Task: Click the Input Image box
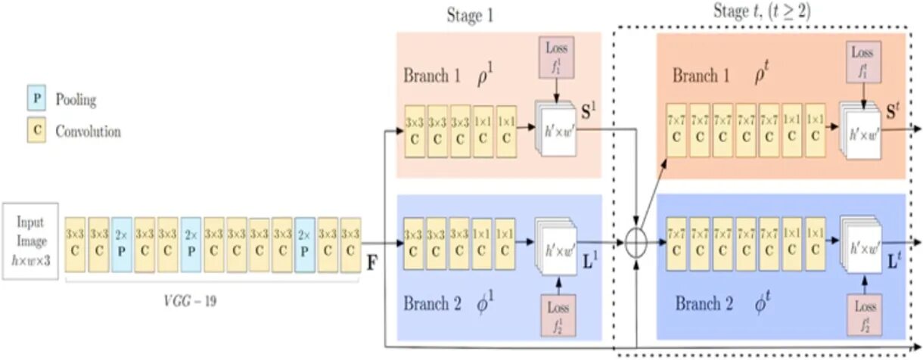tap(30, 240)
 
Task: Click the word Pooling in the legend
tap(76, 99)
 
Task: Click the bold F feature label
tap(372, 265)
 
